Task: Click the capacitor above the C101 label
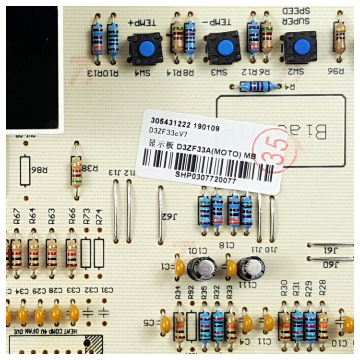pos(202,268)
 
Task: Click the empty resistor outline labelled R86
pos(25,170)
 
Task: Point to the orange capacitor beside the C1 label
pos(180,267)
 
